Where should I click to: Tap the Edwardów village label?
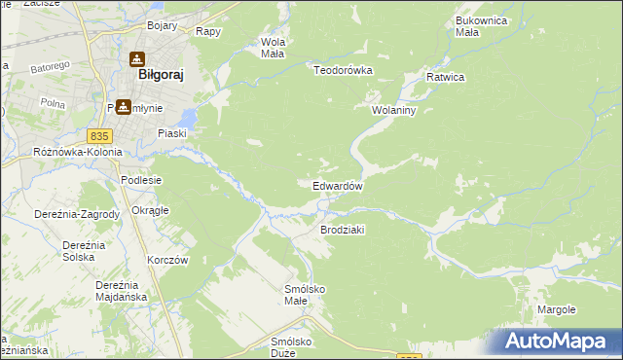point(338,186)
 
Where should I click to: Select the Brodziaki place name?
point(342,230)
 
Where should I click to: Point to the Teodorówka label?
point(344,70)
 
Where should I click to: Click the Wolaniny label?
point(393,111)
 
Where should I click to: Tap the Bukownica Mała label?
point(481,26)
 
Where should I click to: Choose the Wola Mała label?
point(272,48)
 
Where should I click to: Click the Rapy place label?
point(208,31)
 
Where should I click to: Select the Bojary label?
point(164,25)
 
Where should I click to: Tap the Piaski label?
point(172,134)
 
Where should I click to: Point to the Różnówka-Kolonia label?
point(78,153)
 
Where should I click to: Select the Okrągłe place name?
point(151,210)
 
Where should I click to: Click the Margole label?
point(557,309)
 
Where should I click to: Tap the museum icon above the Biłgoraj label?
point(136,57)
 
